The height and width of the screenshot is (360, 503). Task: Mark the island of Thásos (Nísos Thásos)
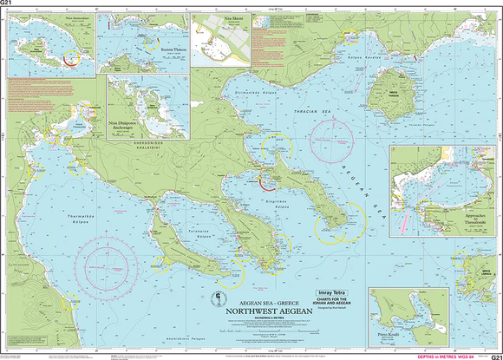tap(389, 90)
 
